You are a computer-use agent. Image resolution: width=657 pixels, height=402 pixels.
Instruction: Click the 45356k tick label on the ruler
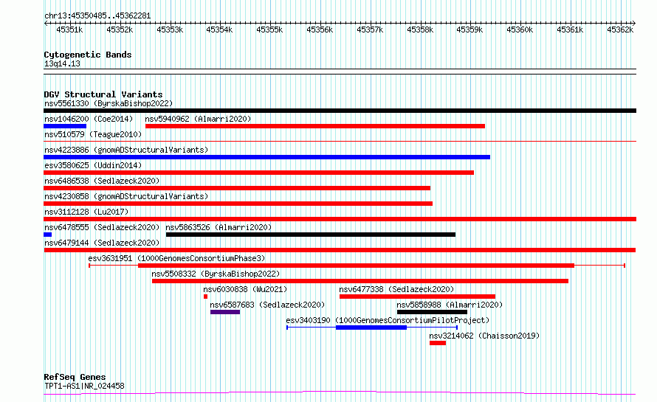tap(320, 30)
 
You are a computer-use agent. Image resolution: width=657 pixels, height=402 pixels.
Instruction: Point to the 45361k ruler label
tap(570, 30)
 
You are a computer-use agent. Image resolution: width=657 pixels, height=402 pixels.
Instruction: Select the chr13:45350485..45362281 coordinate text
tap(97, 16)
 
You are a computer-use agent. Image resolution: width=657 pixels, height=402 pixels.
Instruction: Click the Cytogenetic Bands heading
tap(88, 55)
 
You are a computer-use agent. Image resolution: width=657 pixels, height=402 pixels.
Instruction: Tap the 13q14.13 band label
tap(62, 63)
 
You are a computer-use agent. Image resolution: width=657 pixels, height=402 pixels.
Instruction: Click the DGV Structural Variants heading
tap(103, 94)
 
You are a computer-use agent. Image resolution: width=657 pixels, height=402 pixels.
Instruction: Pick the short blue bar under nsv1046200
tap(65, 126)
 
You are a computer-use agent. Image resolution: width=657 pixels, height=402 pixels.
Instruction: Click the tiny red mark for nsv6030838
tap(205, 297)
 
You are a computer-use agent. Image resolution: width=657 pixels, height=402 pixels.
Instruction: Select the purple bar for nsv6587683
tap(225, 312)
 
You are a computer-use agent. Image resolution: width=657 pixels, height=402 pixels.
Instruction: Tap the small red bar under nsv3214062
tap(438, 343)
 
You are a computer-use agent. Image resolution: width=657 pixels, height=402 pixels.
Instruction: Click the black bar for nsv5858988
tap(432, 312)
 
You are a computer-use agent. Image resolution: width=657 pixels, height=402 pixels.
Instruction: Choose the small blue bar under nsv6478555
tap(48, 235)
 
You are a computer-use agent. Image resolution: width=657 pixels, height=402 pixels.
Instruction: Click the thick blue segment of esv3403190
tap(371, 328)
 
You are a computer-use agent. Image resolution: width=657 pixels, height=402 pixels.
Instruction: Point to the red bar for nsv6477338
tap(417, 297)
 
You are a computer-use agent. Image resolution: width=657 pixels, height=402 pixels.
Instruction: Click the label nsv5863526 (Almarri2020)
tap(219, 227)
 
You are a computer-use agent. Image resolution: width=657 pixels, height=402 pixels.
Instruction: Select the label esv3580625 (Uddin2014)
tap(93, 165)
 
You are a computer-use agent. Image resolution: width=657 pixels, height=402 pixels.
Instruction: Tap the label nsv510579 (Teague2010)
tap(93, 134)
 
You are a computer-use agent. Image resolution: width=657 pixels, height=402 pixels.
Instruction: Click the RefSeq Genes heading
tap(75, 377)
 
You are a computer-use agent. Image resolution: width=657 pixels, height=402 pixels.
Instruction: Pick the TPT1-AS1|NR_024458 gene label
tap(84, 386)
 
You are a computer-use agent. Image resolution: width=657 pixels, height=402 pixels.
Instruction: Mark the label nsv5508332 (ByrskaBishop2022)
tap(216, 274)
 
